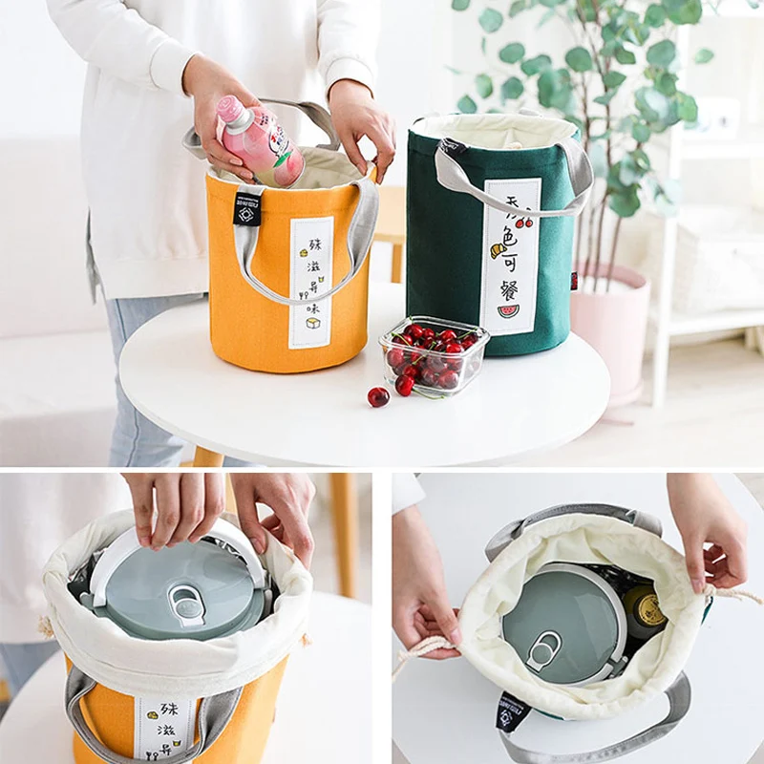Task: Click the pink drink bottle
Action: (x=260, y=141)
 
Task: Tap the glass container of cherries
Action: (x=433, y=356)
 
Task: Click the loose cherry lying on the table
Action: (x=378, y=396)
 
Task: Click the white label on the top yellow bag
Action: (x=310, y=282)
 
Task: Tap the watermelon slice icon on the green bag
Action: (x=508, y=310)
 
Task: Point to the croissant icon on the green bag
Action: (x=498, y=250)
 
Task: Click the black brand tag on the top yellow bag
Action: (x=247, y=207)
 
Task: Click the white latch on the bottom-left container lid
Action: (x=185, y=604)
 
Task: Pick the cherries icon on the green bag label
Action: (x=522, y=221)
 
